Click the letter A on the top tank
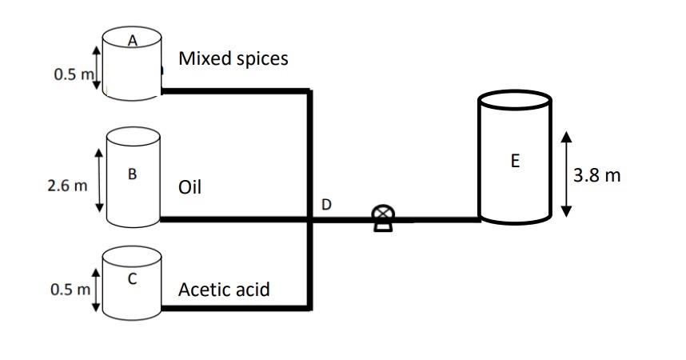133,41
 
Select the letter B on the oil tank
132,174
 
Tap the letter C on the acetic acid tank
132,278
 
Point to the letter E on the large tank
515,161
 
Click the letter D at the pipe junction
326,204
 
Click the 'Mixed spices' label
233,58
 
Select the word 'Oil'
189,187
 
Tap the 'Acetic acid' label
224,290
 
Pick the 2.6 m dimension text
67,186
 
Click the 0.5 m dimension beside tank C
70,290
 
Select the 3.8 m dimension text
597,175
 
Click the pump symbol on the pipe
383,218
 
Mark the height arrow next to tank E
566,174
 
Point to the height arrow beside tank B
99,180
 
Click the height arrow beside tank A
97,67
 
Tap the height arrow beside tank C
96,290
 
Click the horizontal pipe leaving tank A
235,91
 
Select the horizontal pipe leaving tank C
235,308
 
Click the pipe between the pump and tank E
437,219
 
